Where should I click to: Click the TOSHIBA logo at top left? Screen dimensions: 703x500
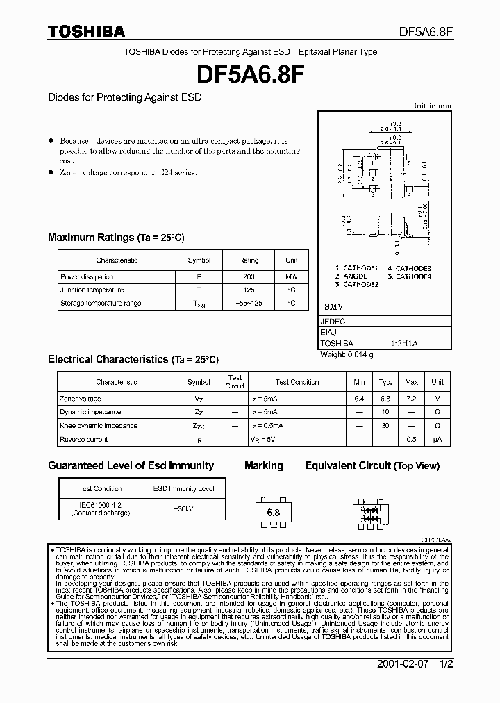pyautogui.click(x=86, y=31)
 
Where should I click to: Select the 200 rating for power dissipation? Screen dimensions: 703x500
pyautogui.click(x=249, y=276)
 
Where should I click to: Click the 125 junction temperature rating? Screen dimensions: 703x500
pyautogui.click(x=249, y=290)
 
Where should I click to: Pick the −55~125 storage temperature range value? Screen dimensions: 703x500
pyautogui.click(x=249, y=304)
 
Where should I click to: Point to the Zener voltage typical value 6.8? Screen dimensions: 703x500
pyautogui.click(x=385, y=399)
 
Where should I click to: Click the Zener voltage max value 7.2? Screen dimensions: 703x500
pyautogui.click(x=411, y=399)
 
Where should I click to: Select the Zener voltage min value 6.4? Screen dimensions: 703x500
pyautogui.click(x=359, y=399)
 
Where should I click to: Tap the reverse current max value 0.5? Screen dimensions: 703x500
pyautogui.click(x=411, y=440)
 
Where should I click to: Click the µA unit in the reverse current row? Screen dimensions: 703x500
pyautogui.click(x=437, y=440)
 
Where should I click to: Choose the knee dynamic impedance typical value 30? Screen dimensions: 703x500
pyautogui.click(x=385, y=426)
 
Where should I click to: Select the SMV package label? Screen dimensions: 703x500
pyautogui.click(x=334, y=307)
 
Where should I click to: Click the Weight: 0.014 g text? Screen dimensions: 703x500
pyautogui.click(x=347, y=355)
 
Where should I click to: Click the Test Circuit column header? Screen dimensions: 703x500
pyautogui.click(x=235, y=382)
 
